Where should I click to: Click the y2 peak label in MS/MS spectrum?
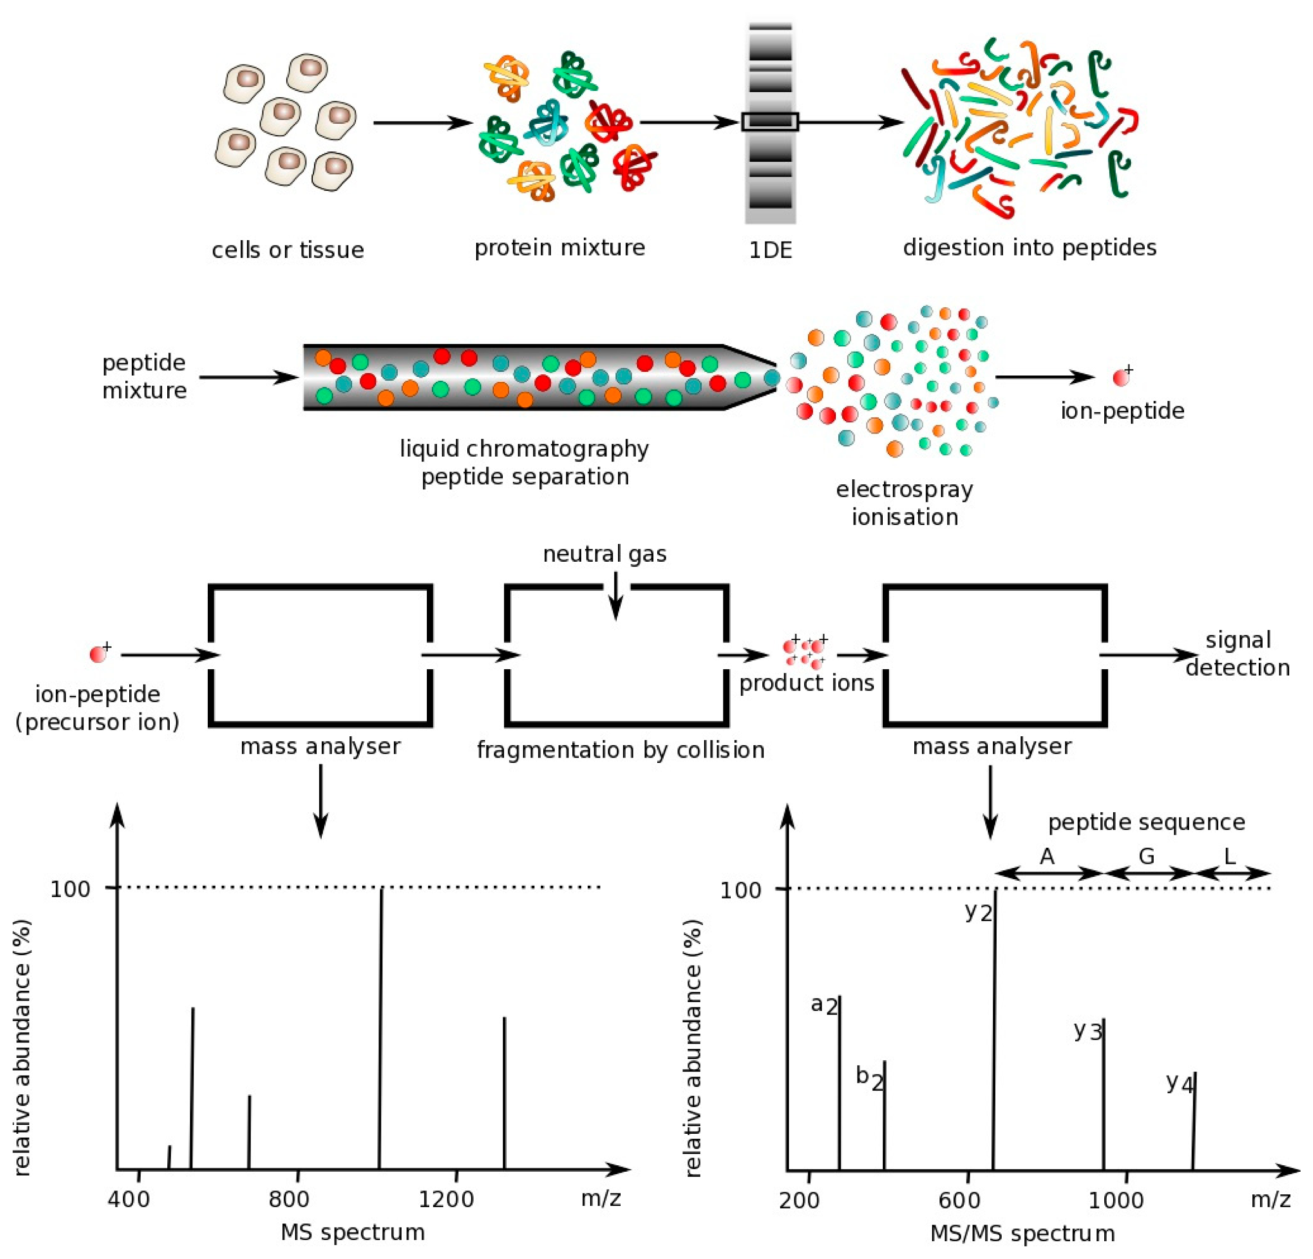click(978, 913)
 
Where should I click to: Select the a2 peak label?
click(824, 1005)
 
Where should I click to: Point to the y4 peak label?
click(1179, 1083)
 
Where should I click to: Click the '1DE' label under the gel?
click(770, 251)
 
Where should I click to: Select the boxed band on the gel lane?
click(770, 122)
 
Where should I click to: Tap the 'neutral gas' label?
click(604, 554)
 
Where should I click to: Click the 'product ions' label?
click(807, 683)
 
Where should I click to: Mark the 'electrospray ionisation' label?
click(904, 503)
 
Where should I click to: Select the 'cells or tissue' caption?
click(288, 250)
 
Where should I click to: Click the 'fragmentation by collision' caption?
click(620, 750)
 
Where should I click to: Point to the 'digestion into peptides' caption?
click(1030, 248)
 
